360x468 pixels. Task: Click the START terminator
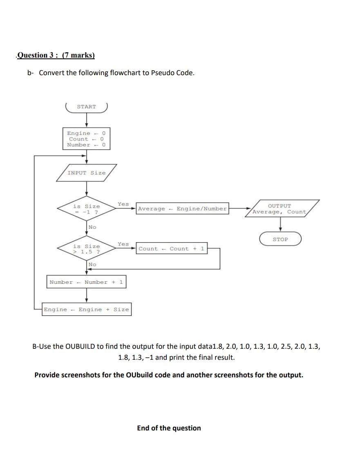[86, 107]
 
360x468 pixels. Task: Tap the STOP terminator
[280, 239]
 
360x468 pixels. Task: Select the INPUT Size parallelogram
[86, 173]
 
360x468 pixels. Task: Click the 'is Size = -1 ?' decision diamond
[86, 209]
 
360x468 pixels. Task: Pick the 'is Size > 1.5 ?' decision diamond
[86, 249]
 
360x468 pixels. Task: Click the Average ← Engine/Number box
[182, 209]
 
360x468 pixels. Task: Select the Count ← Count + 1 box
[172, 249]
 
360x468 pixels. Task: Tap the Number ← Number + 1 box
[86, 282]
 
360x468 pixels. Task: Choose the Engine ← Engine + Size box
[86, 310]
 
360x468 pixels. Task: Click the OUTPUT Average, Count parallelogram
[280, 209]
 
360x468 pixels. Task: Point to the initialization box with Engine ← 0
[86, 139]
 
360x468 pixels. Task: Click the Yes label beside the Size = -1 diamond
[123, 204]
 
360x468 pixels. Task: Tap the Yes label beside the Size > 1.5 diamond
[123, 244]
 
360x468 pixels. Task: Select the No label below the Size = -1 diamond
[92, 227]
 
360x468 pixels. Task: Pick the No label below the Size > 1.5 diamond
[92, 265]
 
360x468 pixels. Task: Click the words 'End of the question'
[169, 428]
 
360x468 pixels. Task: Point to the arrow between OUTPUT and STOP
[280, 224]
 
